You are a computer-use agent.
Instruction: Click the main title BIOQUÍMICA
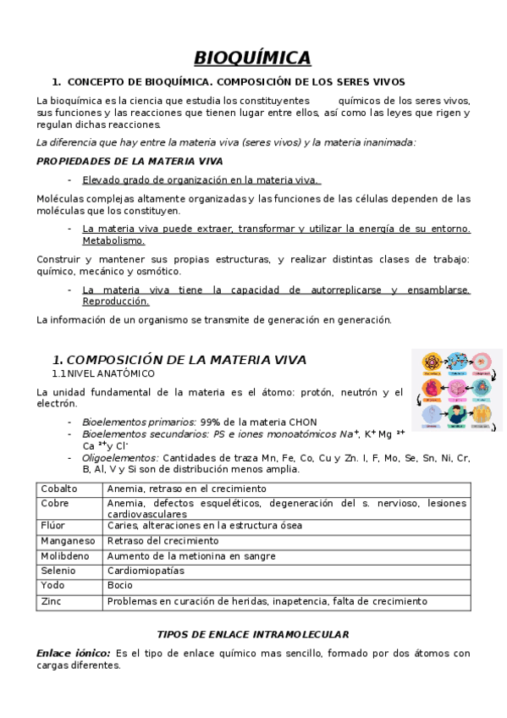point(253,58)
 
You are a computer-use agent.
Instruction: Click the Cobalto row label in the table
point(59,489)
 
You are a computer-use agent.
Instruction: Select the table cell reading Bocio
point(120,586)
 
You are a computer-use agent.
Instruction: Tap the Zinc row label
point(52,602)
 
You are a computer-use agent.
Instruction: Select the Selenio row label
point(58,571)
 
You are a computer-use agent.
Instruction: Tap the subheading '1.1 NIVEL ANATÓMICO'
point(103,373)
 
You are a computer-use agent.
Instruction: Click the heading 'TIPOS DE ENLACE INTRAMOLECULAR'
point(253,634)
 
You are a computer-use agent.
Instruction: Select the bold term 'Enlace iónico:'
point(74,654)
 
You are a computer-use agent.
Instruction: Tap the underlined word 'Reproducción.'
point(116,301)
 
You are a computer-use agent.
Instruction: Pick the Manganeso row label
point(68,540)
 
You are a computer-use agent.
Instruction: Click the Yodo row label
point(52,586)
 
